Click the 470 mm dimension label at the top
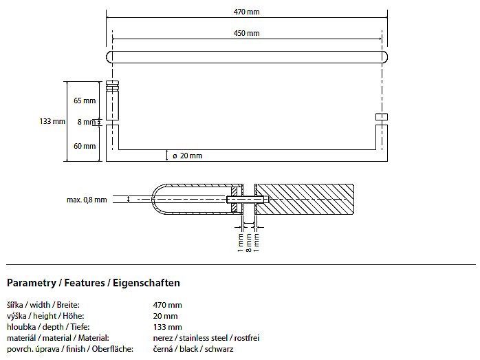pos(246,12)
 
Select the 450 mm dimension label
pos(246,33)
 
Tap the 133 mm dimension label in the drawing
pos(52,121)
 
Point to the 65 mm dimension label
pos(85,100)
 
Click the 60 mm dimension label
pos(85,146)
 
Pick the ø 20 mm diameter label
pos(187,156)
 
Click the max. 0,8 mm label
pos(87,200)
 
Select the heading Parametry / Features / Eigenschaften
pos(94,282)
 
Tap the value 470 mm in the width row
pos(167,305)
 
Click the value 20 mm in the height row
pos(165,316)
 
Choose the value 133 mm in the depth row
pos(167,327)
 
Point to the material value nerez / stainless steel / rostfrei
pos(206,338)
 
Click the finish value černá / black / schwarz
pos(193,349)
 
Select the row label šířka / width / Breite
pos(43,305)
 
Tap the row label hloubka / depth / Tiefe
pos(48,327)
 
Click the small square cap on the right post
pos(382,117)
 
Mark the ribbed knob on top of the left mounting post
pos(112,87)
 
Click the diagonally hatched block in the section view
pos(304,199)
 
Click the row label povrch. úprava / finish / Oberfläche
pos(70,349)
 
